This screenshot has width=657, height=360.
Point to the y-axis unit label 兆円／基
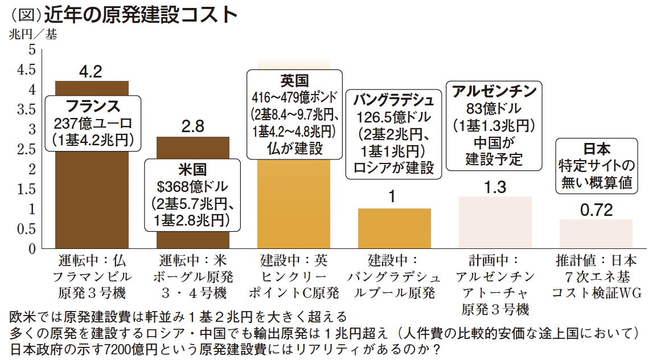click(32, 34)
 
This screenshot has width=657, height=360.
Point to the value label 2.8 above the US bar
click(192, 126)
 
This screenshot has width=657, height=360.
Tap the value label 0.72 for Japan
click(596, 210)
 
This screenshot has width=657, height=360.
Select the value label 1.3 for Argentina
click(495, 187)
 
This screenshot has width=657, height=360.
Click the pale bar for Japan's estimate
click(596, 234)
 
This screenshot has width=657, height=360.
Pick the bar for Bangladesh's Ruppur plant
click(394, 228)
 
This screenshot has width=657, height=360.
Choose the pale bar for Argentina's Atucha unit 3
click(495, 223)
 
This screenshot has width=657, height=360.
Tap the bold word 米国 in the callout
click(192, 169)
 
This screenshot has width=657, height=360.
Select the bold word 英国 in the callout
click(294, 79)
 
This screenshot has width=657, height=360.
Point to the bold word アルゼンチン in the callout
click(494, 91)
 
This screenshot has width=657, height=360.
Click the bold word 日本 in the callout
click(596, 149)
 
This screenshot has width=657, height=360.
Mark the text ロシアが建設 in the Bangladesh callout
click(393, 167)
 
